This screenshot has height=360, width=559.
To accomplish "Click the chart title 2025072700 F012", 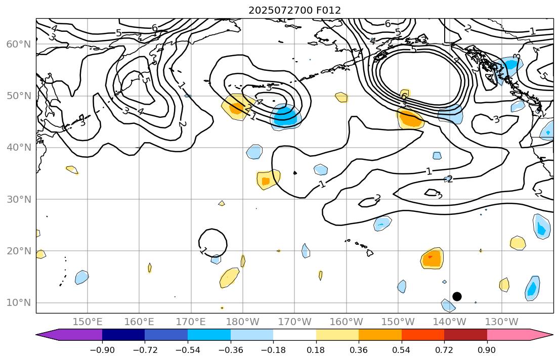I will pyautogui.click(x=294, y=10).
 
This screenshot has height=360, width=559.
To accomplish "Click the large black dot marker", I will pyautogui.click(x=457, y=296).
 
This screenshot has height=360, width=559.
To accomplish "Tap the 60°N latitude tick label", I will pyautogui.click(x=18, y=44).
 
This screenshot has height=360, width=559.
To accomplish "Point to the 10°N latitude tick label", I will pyautogui.click(x=18, y=303).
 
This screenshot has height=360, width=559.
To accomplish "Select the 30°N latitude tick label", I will pyautogui.click(x=18, y=199).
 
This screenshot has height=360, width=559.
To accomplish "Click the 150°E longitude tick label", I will pyautogui.click(x=88, y=322).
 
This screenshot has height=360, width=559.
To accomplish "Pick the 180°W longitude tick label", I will pyautogui.click(x=243, y=322).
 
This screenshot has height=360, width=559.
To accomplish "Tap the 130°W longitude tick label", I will pyautogui.click(x=501, y=322).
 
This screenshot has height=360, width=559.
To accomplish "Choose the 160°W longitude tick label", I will pyautogui.click(x=347, y=322).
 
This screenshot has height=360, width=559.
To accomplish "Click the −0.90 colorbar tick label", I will pyautogui.click(x=102, y=350).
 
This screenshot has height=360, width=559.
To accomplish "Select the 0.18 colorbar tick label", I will pyautogui.click(x=316, y=350).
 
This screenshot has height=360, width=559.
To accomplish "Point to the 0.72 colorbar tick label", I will pyautogui.click(x=444, y=350).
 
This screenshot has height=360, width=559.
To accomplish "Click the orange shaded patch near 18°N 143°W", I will pyautogui.click(x=432, y=258).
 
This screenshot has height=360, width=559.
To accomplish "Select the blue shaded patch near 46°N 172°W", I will pyautogui.click(x=286, y=117).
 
